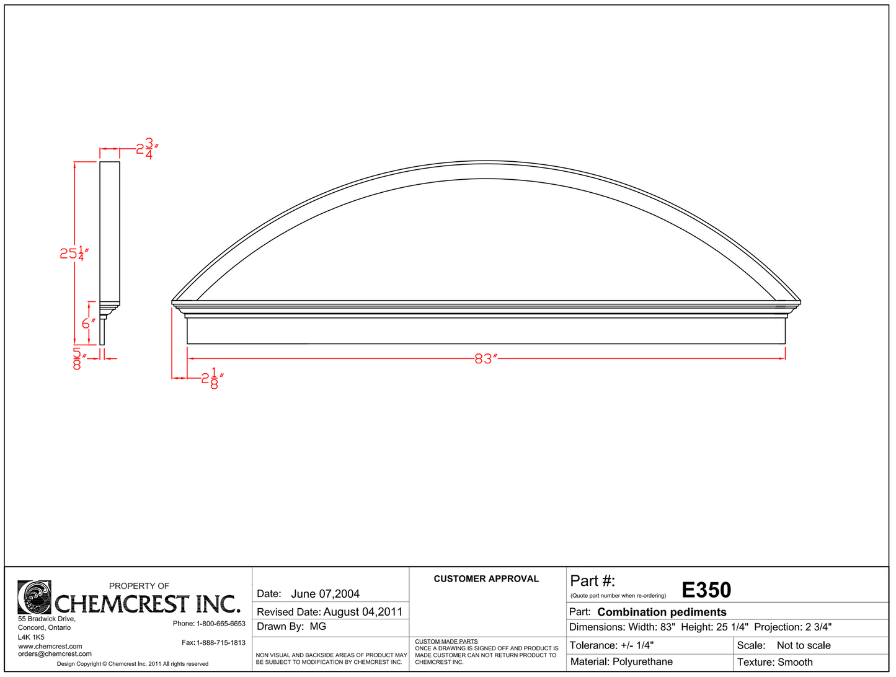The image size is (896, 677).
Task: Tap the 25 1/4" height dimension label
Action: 74,253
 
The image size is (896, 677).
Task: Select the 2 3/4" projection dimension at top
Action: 148,149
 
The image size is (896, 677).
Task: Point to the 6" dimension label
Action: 89,323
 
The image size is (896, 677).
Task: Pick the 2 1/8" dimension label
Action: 211,378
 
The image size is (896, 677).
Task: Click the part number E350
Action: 706,590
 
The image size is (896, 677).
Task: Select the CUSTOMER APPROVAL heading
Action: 486,579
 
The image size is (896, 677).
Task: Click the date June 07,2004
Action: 325,594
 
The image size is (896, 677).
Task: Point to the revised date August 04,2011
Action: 363,612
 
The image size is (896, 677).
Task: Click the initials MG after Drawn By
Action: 317,627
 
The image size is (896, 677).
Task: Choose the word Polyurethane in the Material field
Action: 642,662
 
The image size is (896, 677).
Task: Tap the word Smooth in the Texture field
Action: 795,662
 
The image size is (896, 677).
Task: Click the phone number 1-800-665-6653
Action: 221,624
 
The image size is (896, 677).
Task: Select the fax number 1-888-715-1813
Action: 221,643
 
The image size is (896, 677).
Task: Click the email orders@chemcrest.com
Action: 55,654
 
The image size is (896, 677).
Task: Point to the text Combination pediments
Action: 662,612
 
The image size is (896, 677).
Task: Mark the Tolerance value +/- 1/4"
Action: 637,645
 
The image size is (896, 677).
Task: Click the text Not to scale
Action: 804,645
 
